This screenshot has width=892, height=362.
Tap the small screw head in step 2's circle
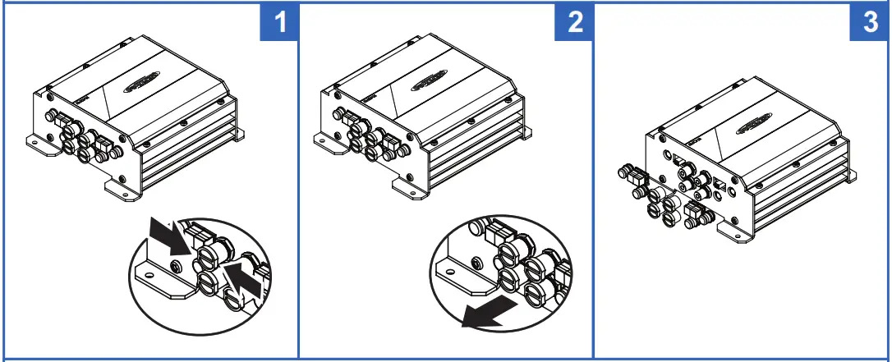(x=476, y=264)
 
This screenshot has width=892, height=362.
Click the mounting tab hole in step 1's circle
(x=151, y=274)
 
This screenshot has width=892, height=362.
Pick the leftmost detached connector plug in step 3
(x=631, y=174)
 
